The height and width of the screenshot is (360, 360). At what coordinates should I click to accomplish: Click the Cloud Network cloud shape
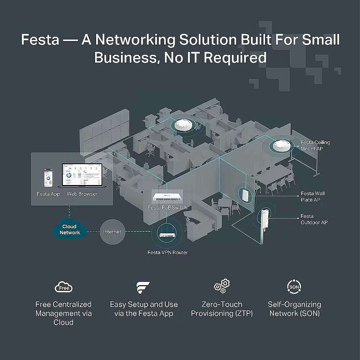coord(70,229)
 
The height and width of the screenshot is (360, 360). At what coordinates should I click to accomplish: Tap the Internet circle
coord(112,232)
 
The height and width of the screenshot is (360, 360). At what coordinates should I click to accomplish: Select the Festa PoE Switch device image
coord(167,197)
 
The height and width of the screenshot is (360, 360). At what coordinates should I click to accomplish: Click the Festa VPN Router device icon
coord(167,234)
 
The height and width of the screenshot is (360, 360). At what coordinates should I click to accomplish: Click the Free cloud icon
coord(64,287)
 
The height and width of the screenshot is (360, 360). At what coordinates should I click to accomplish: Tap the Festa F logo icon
coord(143,288)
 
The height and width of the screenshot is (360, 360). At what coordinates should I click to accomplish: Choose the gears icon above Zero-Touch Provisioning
coord(222,286)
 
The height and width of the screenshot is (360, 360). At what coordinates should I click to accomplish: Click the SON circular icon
coord(294,287)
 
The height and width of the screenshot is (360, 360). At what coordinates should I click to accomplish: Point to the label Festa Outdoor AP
coord(314,219)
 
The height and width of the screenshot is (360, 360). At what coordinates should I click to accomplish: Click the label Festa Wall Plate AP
coord(312,197)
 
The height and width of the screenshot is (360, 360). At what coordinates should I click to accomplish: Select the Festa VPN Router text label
coord(167,252)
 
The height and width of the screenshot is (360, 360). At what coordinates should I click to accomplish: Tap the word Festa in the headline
coord(40,40)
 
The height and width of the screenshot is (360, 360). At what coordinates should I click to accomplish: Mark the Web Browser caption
coord(82,194)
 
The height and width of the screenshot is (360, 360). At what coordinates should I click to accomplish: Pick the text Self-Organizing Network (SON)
coord(294,309)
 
